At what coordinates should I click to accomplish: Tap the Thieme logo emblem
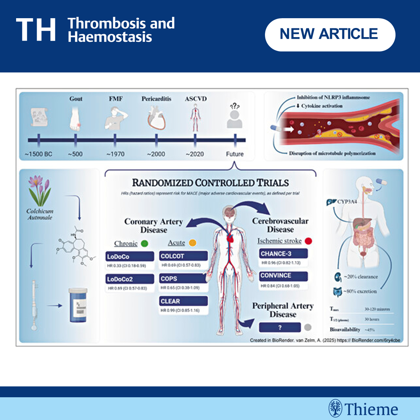pyautogui.click(x=335, y=408)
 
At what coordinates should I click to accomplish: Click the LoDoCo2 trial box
pyautogui.click(x=129, y=279)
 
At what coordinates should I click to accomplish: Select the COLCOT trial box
pyautogui.click(x=183, y=256)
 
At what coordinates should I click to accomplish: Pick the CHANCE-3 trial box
pyautogui.click(x=283, y=254)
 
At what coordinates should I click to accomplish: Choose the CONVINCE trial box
pyautogui.click(x=283, y=276)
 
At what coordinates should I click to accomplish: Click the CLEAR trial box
pyautogui.click(x=183, y=301)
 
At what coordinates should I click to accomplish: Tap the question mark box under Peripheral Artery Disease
pyautogui.click(x=280, y=328)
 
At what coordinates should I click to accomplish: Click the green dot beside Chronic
pyautogui.click(x=145, y=243)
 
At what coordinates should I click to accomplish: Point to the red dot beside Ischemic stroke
pyautogui.click(x=308, y=241)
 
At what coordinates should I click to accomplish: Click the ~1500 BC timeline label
pyautogui.click(x=38, y=154)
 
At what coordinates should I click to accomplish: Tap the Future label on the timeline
pyautogui.click(x=234, y=154)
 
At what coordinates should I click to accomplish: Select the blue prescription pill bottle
pyautogui.click(x=78, y=306)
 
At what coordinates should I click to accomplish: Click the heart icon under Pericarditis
pyautogui.click(x=156, y=118)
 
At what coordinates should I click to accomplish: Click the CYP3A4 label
pyautogui.click(x=347, y=202)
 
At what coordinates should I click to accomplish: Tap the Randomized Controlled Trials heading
pyautogui.click(x=210, y=183)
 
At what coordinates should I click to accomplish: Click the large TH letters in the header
pyautogui.click(x=36, y=30)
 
